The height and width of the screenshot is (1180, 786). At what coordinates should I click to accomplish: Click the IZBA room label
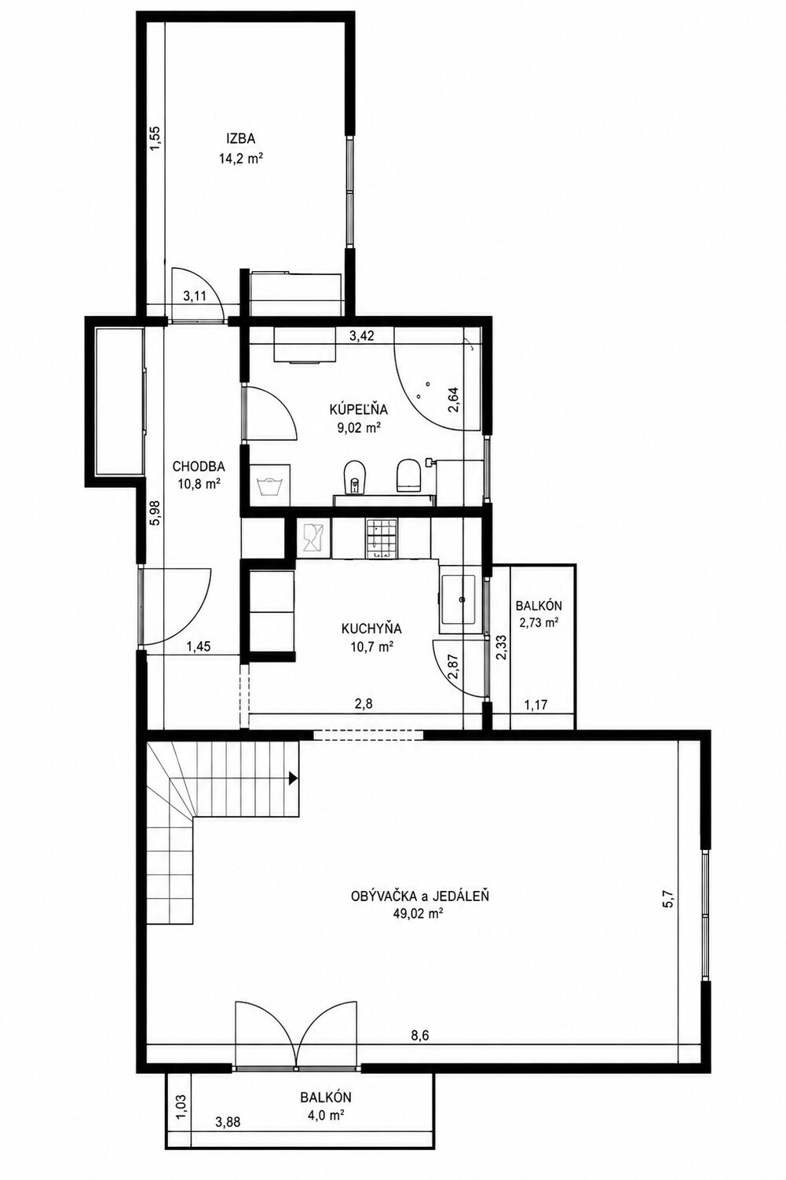tap(240, 139)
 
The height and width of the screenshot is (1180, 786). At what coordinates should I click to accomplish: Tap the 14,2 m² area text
tap(240, 158)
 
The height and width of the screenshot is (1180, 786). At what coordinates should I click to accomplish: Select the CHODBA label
tap(199, 466)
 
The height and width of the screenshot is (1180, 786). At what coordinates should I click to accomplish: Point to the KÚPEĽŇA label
tap(359, 409)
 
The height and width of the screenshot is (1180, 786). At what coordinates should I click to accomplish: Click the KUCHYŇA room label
tap(371, 628)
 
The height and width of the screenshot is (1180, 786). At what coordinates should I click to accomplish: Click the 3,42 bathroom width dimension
tap(362, 336)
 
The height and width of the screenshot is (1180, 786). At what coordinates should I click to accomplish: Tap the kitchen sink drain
tap(463, 599)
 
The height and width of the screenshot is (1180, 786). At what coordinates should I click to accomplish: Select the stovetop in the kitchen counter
tap(380, 538)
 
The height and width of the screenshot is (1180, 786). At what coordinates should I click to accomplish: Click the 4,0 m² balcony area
tap(326, 1114)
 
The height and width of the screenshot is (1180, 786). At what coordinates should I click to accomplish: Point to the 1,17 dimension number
tap(536, 705)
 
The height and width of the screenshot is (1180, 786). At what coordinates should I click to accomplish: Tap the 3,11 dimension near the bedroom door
tap(194, 297)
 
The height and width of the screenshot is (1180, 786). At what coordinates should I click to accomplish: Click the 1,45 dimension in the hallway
tap(198, 647)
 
